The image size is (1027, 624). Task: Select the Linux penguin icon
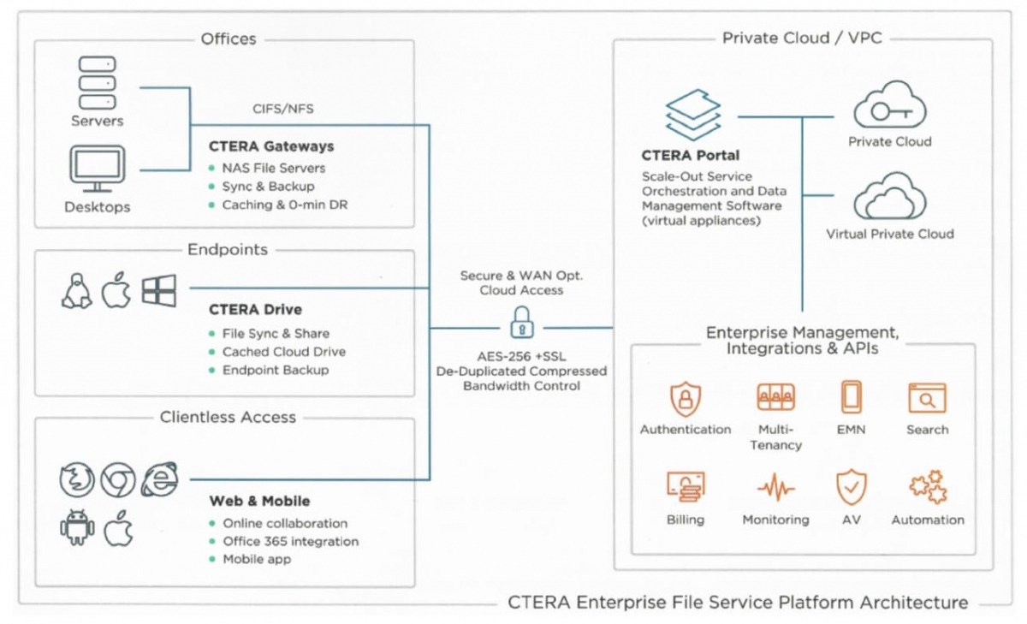[x=76, y=291]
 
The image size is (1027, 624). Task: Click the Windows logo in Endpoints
[x=159, y=291]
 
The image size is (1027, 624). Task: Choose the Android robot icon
[x=77, y=529]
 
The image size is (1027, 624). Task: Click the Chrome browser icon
[x=118, y=479]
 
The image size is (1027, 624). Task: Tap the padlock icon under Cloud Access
[x=520, y=324]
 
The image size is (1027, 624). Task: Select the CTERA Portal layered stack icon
[x=693, y=116]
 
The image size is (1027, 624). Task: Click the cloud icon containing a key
[x=890, y=107]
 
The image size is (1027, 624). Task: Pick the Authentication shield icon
[x=686, y=399]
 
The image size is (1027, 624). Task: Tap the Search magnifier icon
[x=927, y=399]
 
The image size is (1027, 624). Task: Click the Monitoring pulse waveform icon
[x=775, y=488]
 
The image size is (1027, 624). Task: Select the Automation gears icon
[x=928, y=488]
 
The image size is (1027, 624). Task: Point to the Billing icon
[x=686, y=488]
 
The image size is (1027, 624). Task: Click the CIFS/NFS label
[x=283, y=109]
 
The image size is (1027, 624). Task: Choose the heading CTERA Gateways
[x=271, y=146]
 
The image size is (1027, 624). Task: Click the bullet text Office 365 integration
[x=290, y=541]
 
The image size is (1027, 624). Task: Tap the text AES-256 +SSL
[x=520, y=356]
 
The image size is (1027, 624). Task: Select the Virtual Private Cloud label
[x=890, y=234]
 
